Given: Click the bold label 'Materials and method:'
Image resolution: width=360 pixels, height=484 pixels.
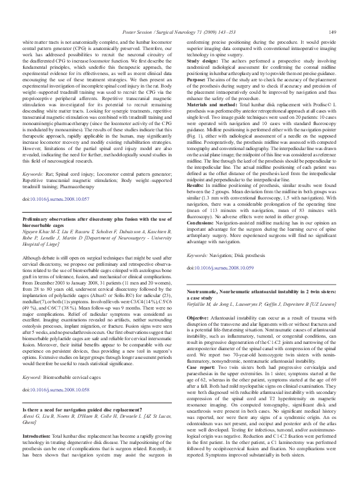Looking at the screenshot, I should pyautogui.click(x=214, y=109).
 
